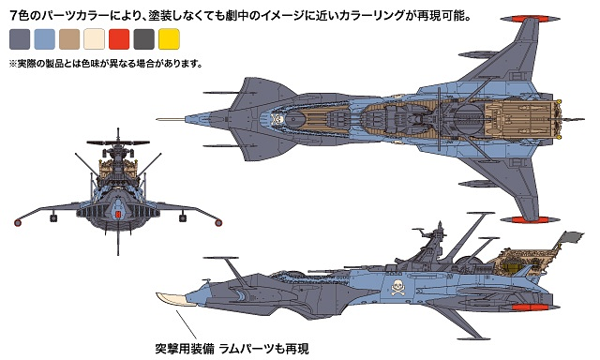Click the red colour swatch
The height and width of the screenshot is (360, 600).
point(119,39)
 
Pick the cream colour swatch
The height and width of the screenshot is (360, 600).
point(95,39)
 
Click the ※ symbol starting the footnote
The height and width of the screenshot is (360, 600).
point(12,65)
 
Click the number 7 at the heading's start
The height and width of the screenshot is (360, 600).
point(12,14)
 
